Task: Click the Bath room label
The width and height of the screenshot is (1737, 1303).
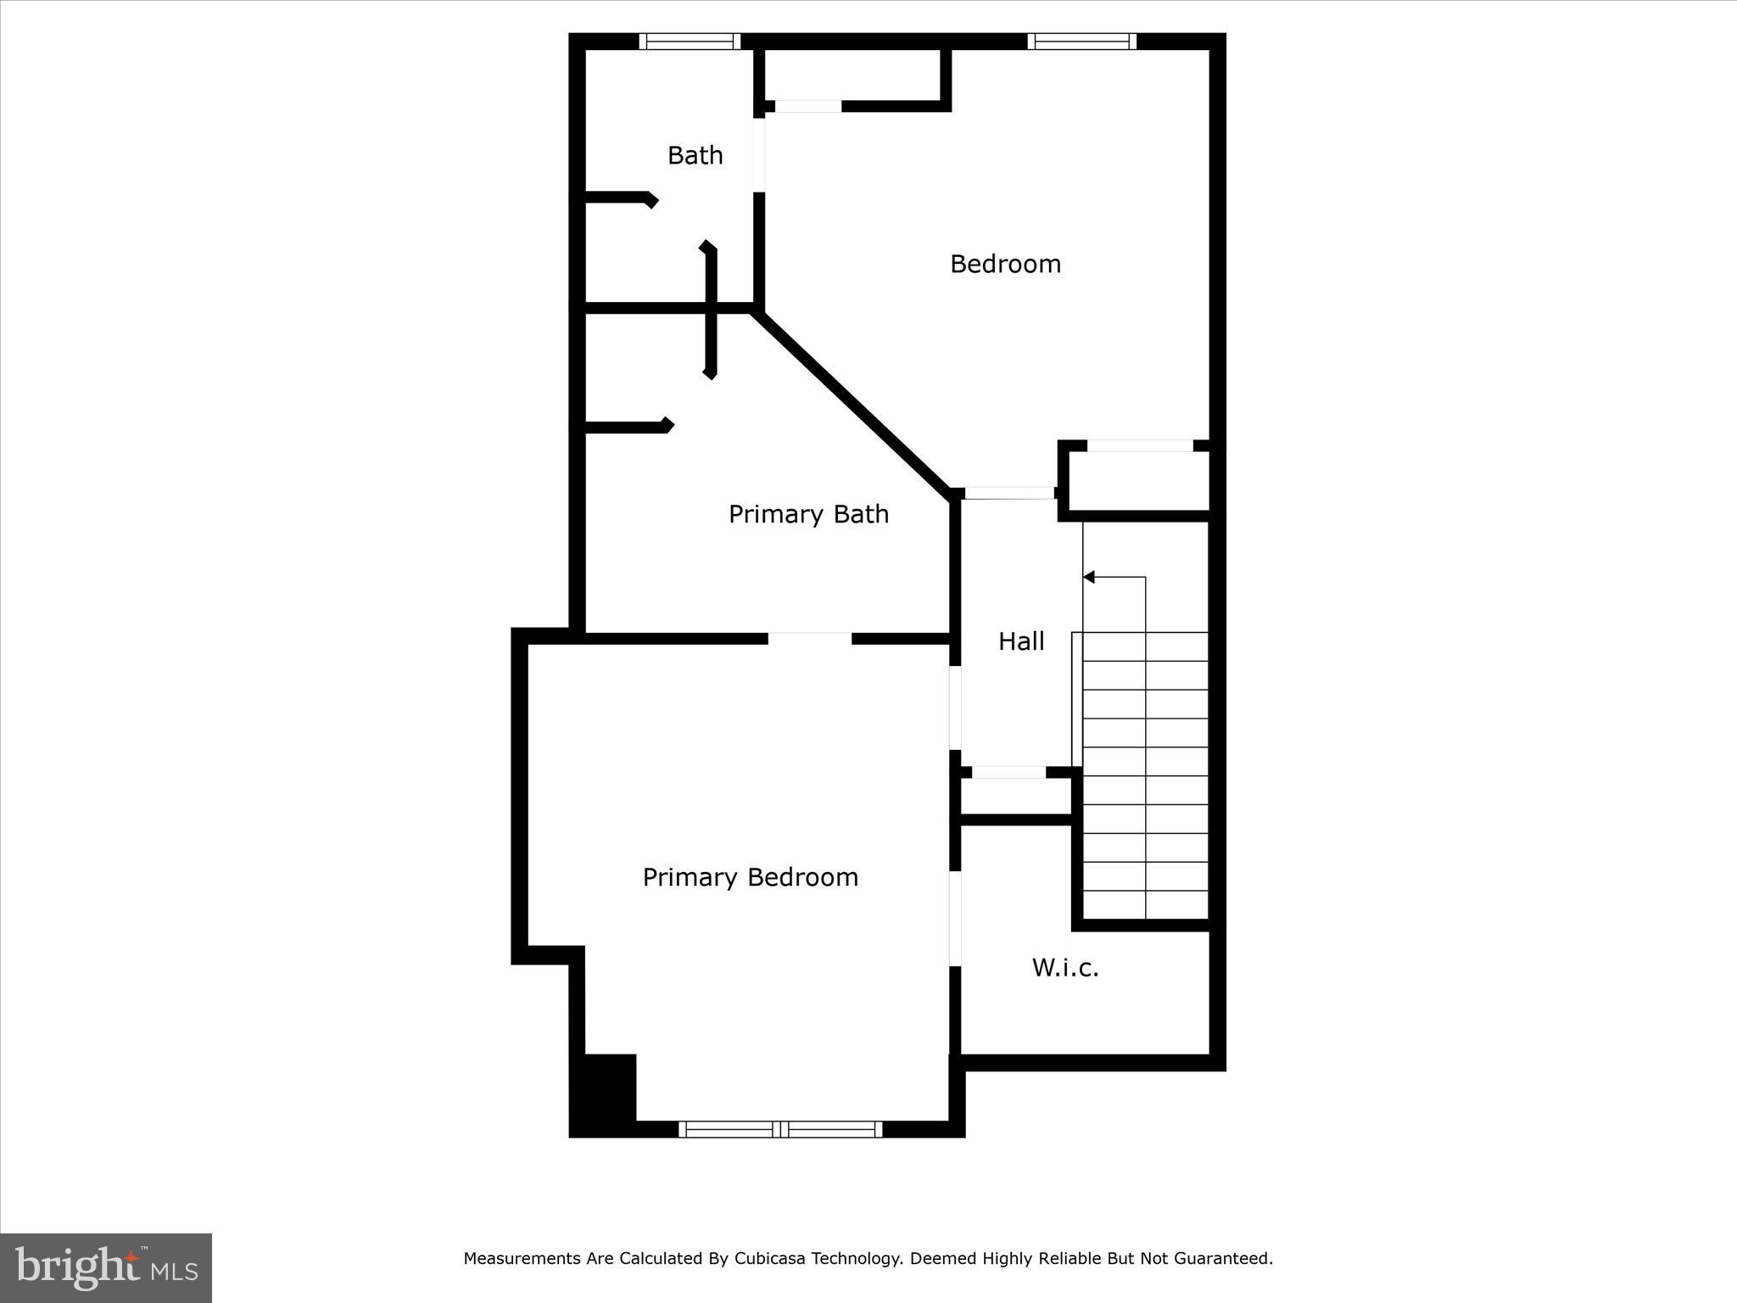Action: pyautogui.click(x=695, y=155)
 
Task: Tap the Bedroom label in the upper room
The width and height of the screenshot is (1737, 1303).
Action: pyautogui.click(x=1005, y=264)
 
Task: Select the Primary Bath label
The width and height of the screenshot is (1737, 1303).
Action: pyautogui.click(x=808, y=514)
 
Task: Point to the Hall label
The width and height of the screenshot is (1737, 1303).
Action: pyautogui.click(x=1021, y=641)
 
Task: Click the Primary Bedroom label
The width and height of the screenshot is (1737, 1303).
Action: pyautogui.click(x=750, y=877)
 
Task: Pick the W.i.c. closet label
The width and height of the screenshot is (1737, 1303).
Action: pyautogui.click(x=1065, y=968)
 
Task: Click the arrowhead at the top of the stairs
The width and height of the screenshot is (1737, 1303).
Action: pyautogui.click(x=1089, y=578)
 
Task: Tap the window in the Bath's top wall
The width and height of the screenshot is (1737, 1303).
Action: pyautogui.click(x=690, y=41)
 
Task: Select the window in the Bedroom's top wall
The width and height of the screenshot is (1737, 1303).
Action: pyautogui.click(x=1081, y=41)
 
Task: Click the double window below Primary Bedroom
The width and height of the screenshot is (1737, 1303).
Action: pyautogui.click(x=780, y=1129)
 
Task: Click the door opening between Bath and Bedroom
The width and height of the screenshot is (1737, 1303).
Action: pyautogui.click(x=760, y=154)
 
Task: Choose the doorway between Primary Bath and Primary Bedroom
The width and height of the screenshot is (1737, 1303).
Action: pyautogui.click(x=810, y=638)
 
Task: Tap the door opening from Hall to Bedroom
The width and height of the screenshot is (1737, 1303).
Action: pyautogui.click(x=1009, y=493)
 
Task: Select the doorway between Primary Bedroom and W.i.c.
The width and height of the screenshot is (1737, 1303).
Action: pyautogui.click(x=955, y=919)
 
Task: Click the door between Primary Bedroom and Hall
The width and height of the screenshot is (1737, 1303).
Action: pyautogui.click(x=955, y=708)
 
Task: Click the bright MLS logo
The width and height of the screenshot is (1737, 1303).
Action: pyautogui.click(x=106, y=1267)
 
